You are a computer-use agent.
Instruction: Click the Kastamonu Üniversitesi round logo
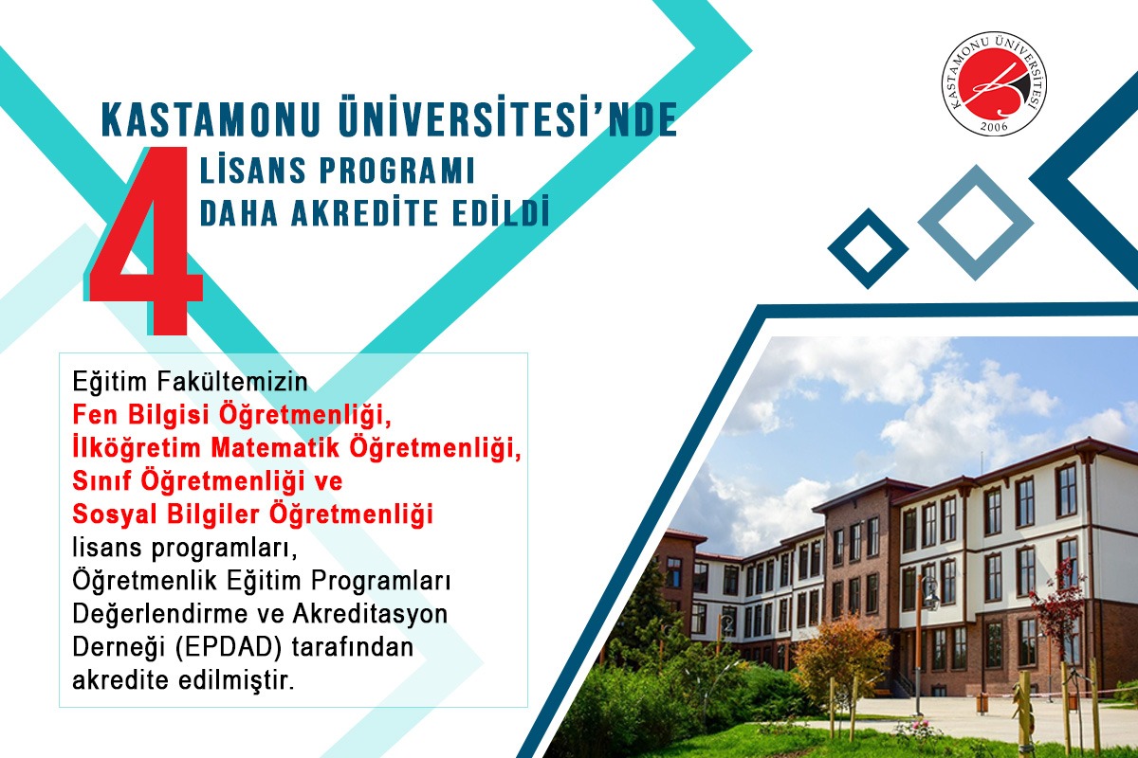pos(993,83)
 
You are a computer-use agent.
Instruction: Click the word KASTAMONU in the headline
pos(211,119)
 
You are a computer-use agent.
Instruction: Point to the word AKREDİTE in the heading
pos(364,212)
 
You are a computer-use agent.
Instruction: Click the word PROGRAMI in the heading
pos(396,171)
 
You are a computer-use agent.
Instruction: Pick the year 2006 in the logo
pos(994,126)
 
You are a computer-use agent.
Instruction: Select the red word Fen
pos(95,415)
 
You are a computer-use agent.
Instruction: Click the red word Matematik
pos(275,448)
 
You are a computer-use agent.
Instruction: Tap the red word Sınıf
pos(103,480)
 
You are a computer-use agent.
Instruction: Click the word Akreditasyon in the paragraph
pos(370,614)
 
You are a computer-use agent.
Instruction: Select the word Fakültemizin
pos(231,382)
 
